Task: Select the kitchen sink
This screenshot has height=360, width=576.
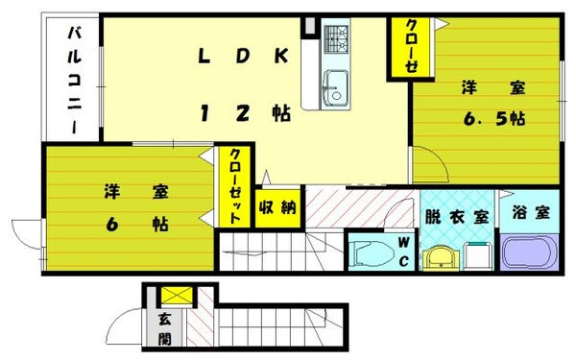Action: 335,88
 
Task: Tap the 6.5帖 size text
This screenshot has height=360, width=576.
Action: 493,119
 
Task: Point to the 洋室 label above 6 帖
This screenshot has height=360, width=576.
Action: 135,192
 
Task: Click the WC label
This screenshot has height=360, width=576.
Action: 404,252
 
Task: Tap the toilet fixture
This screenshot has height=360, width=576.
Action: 370,254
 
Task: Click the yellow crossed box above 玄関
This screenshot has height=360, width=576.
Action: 175,296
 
